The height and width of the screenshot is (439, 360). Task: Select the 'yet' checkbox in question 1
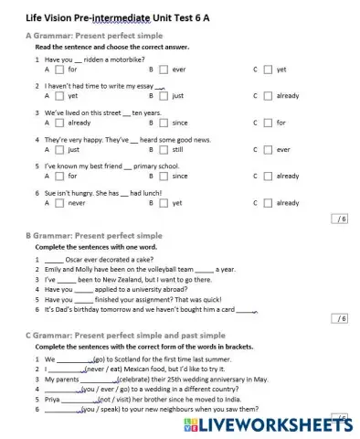tap(267, 69)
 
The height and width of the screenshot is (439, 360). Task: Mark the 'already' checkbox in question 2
tap(267, 95)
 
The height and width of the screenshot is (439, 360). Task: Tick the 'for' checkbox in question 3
tap(267, 122)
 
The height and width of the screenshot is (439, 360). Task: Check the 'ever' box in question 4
tap(267, 148)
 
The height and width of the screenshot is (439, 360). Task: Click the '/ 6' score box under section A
tap(340, 219)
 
